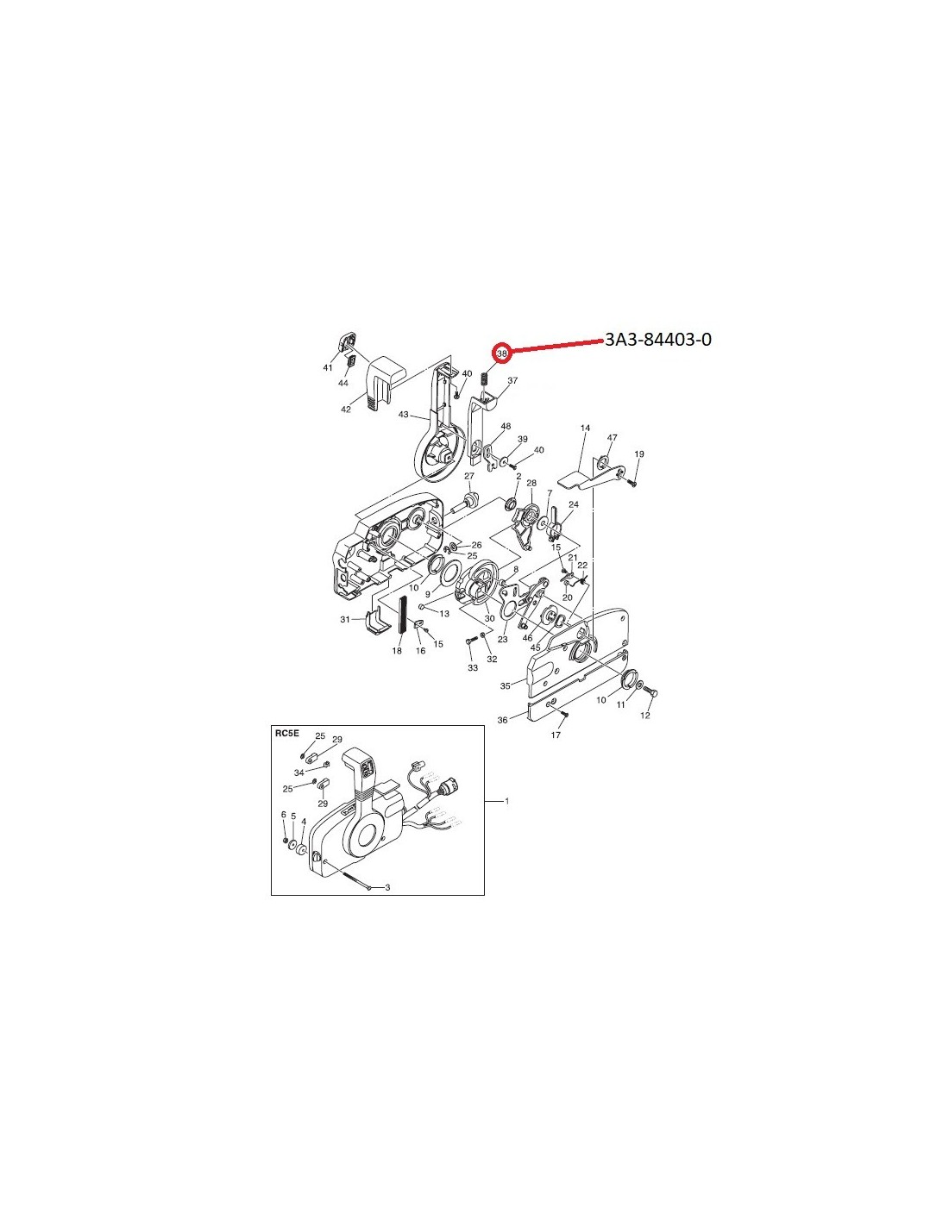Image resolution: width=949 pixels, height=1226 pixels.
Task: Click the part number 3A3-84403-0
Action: (657, 339)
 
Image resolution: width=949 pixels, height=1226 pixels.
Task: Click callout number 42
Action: (346, 410)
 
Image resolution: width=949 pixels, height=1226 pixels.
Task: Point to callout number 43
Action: (403, 414)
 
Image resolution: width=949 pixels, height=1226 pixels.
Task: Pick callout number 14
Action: (585, 428)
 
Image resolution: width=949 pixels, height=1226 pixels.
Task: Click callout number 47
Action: (612, 437)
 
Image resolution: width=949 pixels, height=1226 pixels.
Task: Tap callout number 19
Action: (639, 453)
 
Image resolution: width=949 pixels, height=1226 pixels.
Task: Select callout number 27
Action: (469, 476)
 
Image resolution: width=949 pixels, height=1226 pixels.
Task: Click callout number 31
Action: (345, 620)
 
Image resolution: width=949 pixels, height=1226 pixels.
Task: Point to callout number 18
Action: (397, 651)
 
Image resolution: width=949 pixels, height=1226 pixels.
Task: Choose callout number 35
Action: (506, 685)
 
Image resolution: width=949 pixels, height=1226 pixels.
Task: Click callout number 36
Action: (502, 720)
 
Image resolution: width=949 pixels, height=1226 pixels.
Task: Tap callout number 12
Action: (645, 716)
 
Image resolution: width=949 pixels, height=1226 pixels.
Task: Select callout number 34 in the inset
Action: (299, 772)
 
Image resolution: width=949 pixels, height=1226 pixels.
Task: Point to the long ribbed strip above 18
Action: (403, 615)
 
